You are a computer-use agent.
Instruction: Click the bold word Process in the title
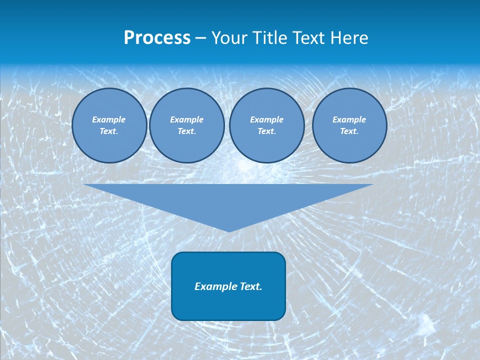[x=157, y=38]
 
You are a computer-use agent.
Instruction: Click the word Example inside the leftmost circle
[x=109, y=119]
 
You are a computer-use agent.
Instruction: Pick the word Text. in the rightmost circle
[x=349, y=131]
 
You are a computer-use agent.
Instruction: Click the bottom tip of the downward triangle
[x=229, y=230]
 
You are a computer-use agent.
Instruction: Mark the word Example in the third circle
[x=266, y=119]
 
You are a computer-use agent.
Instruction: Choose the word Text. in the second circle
[x=187, y=131]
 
